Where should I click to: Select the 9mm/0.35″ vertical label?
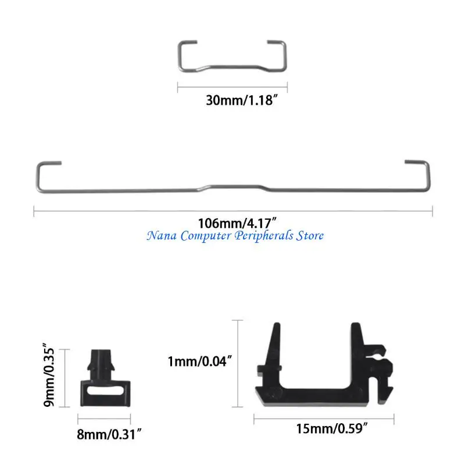coord(52,378)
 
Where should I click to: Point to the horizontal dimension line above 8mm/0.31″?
coord(105,417)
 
